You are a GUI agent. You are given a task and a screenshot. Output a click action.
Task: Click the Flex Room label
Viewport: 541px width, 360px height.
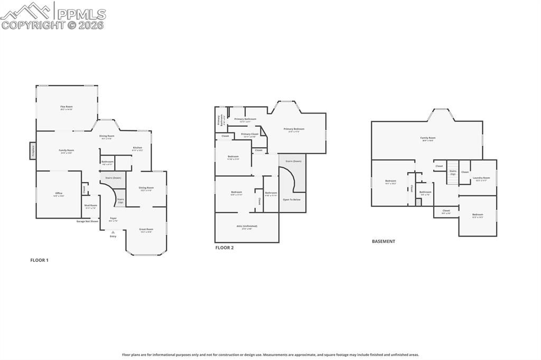click(x=66, y=107)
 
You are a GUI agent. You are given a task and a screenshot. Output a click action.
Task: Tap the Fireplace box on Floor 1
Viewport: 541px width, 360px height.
click(x=32, y=151)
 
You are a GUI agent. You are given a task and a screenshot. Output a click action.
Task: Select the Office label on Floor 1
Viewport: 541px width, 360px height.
click(x=59, y=194)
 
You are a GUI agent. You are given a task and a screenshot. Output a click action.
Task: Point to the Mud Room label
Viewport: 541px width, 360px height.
click(x=91, y=206)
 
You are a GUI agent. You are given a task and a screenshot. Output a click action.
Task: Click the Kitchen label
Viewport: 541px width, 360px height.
click(x=137, y=148)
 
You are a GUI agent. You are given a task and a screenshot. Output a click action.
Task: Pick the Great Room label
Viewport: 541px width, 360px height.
click(x=146, y=230)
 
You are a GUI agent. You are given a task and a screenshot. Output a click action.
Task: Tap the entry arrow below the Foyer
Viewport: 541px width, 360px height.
click(x=113, y=231)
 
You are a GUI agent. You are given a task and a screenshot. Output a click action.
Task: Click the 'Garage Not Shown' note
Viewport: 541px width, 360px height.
click(x=87, y=221)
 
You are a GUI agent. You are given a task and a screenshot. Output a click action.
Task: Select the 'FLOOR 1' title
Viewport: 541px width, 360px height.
click(x=39, y=260)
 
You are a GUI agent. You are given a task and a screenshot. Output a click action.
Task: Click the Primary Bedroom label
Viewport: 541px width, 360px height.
click(x=294, y=129)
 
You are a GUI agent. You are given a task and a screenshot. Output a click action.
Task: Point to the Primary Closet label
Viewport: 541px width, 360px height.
click(x=249, y=135)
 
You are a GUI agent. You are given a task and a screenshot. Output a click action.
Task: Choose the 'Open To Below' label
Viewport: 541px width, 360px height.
click(x=292, y=200)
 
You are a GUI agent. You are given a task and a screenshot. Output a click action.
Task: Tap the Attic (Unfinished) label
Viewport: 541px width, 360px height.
click(x=247, y=226)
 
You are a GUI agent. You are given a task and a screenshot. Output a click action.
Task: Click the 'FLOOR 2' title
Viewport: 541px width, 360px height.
click(x=224, y=248)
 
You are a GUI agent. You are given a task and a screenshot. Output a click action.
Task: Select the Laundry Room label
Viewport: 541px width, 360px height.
click(x=481, y=178)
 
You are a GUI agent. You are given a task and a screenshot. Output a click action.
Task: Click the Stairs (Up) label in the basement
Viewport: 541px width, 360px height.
click(x=453, y=172)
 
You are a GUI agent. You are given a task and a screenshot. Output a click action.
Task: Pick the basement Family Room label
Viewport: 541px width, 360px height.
click(x=428, y=138)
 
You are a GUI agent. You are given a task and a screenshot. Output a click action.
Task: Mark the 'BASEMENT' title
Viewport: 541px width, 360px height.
click(x=384, y=241)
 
